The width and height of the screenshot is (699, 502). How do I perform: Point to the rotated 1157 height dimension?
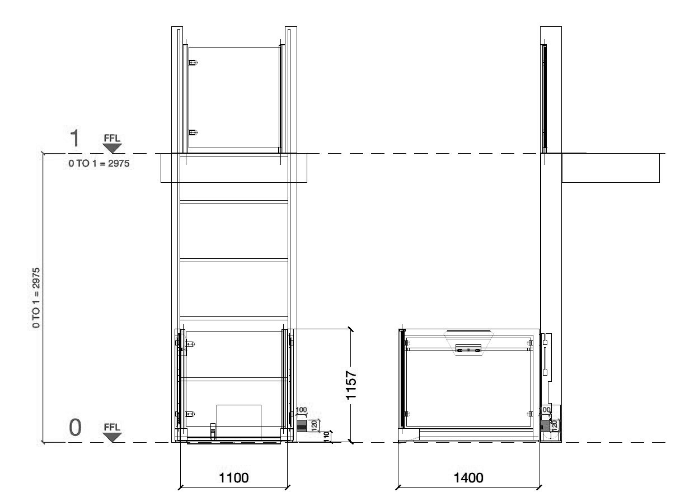coord(351,384)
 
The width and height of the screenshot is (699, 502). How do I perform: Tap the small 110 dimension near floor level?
coord(327,436)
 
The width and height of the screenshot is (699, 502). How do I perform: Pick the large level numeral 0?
coord(75,428)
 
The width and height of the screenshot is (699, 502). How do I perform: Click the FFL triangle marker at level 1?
coord(112,148)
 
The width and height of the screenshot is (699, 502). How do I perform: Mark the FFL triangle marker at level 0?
coord(112,437)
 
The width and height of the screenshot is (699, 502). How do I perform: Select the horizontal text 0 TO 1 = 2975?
coord(99,164)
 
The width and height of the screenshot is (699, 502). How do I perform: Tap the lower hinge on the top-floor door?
coord(192,132)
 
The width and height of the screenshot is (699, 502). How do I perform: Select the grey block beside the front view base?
coord(302,427)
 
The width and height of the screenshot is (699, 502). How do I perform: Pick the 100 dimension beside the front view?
coord(301,410)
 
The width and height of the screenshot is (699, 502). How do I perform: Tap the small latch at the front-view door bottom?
coord(213,430)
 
